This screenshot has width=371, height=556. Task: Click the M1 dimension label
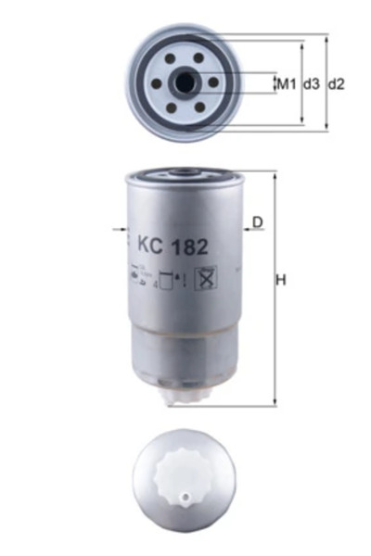(286, 84)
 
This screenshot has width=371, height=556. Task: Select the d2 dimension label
(337, 84)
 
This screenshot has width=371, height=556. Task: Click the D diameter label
(258, 221)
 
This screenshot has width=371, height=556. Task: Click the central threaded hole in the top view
(185, 82)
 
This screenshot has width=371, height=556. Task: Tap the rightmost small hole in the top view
(214, 82)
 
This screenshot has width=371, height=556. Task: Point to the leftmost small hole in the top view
(157, 82)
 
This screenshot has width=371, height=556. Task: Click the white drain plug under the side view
(186, 397)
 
